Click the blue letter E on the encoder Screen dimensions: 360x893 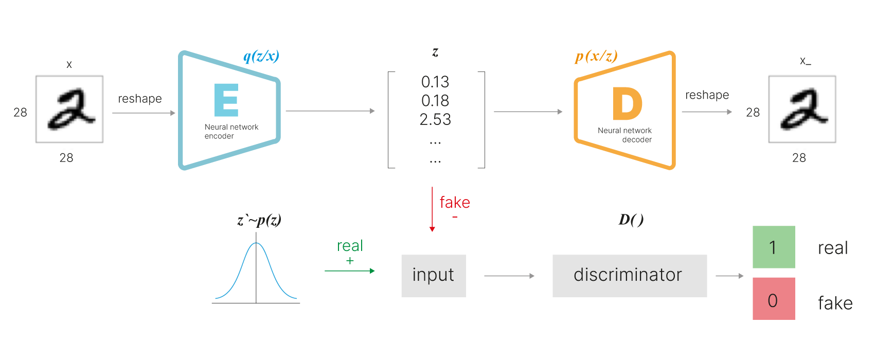(226, 100)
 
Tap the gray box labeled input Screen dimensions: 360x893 (433, 276)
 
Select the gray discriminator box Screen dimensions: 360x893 (629, 276)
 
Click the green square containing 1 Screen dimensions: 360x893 (774, 247)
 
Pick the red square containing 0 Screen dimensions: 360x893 (774, 299)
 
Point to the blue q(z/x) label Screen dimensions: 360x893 (261, 56)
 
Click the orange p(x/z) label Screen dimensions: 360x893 (596, 56)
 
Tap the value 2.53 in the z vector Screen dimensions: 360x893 (435, 119)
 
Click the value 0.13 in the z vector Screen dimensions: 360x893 (435, 82)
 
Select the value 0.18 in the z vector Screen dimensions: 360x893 (435, 101)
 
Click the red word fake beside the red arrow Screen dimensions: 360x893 (455, 203)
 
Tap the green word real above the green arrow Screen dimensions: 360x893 (350, 246)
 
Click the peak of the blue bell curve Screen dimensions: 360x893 (256, 244)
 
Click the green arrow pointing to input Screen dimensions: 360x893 (350, 271)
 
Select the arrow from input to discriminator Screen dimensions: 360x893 (509, 276)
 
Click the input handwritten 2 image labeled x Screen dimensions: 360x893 (68, 111)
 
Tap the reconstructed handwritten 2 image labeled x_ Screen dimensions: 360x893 (801, 111)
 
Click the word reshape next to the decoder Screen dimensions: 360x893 (707, 95)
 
